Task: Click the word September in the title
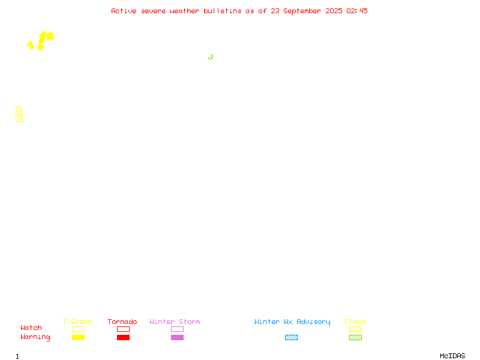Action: tap(302, 11)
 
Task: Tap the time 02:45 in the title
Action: tap(357, 11)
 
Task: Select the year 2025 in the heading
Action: tap(334, 11)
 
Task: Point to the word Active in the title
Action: tap(124, 11)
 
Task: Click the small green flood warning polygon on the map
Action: tap(211, 57)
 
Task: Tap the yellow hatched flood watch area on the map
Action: tap(19, 114)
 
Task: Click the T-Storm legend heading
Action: tap(77, 322)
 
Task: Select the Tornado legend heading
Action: tap(122, 322)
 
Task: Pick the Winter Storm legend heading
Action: tap(175, 322)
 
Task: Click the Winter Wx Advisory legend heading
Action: tap(292, 322)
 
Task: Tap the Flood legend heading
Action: tap(355, 322)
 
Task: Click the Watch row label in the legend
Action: tap(31, 328)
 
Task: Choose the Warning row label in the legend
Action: tap(35, 337)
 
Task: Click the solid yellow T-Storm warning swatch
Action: tap(79, 337)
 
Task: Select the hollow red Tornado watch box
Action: tap(124, 329)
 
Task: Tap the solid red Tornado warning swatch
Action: tap(124, 337)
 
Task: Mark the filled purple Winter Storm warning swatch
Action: tap(177, 337)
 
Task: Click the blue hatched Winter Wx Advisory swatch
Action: tap(291, 337)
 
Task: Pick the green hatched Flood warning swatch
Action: tap(355, 337)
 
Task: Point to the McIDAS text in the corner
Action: tap(452, 356)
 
